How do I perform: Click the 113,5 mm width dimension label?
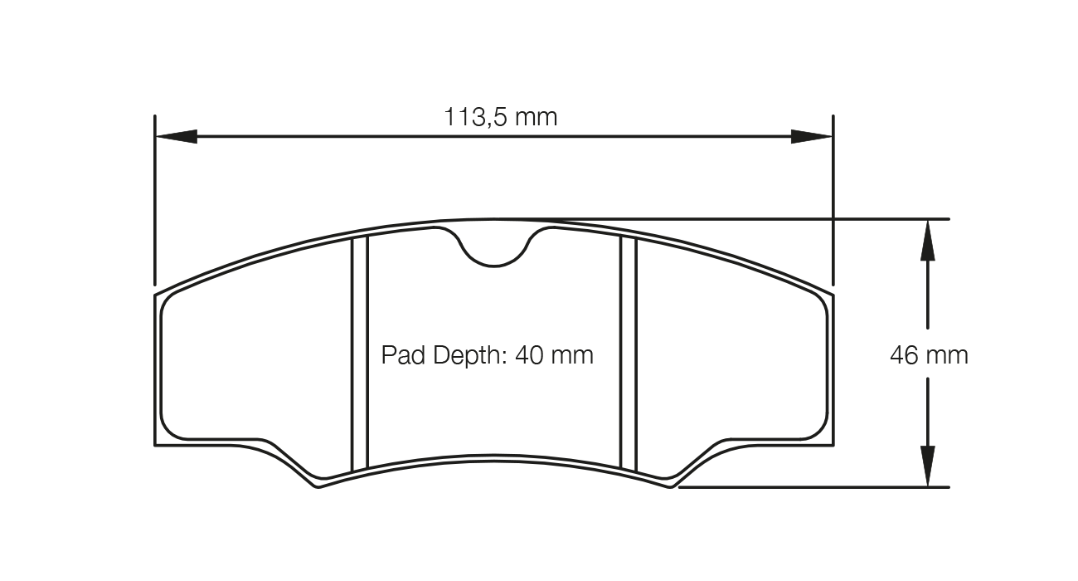(x=501, y=117)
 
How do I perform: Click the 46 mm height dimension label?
(x=929, y=355)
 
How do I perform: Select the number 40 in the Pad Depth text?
(x=530, y=355)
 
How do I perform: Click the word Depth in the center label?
(x=460, y=355)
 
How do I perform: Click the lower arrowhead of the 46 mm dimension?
(x=927, y=466)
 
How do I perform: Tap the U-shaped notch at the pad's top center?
(x=494, y=249)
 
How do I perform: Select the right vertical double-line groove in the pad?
(x=629, y=353)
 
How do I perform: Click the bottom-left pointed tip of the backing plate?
(x=318, y=486)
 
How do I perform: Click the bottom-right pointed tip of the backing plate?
(x=671, y=486)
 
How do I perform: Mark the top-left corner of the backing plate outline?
(x=156, y=295)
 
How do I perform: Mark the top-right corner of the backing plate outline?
(x=832, y=295)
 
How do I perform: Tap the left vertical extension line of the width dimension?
(x=155, y=199)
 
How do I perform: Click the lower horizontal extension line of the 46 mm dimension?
(x=813, y=487)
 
